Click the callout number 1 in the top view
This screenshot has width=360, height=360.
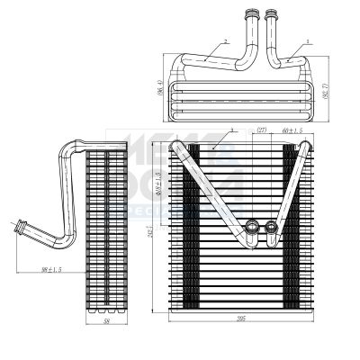[308, 41]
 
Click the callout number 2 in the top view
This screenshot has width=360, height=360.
[226, 41]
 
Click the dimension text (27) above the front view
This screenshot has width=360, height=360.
[262, 131]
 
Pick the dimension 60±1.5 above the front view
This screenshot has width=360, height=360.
[292, 131]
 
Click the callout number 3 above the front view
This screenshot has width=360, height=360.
[232, 130]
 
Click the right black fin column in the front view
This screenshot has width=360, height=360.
[294, 225]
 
